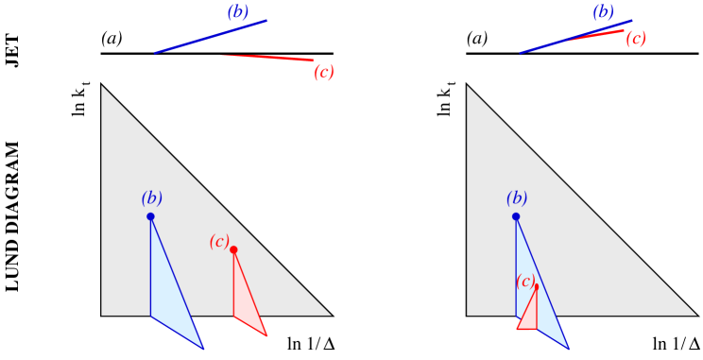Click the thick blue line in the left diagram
click(x=211, y=36)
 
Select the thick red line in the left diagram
click(x=268, y=58)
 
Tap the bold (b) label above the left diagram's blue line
click(x=238, y=12)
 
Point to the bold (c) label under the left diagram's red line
click(x=324, y=73)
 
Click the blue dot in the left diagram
click(x=150, y=216)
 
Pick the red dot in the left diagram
click(x=233, y=249)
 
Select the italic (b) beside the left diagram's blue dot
click(x=151, y=198)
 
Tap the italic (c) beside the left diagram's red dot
click(x=219, y=242)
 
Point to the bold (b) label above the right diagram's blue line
click(x=603, y=12)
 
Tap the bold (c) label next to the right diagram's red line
click(x=636, y=39)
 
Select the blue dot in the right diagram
click(x=516, y=216)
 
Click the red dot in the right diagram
click(x=536, y=285)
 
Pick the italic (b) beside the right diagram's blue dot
click(x=517, y=198)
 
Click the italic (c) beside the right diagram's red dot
click(x=525, y=281)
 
